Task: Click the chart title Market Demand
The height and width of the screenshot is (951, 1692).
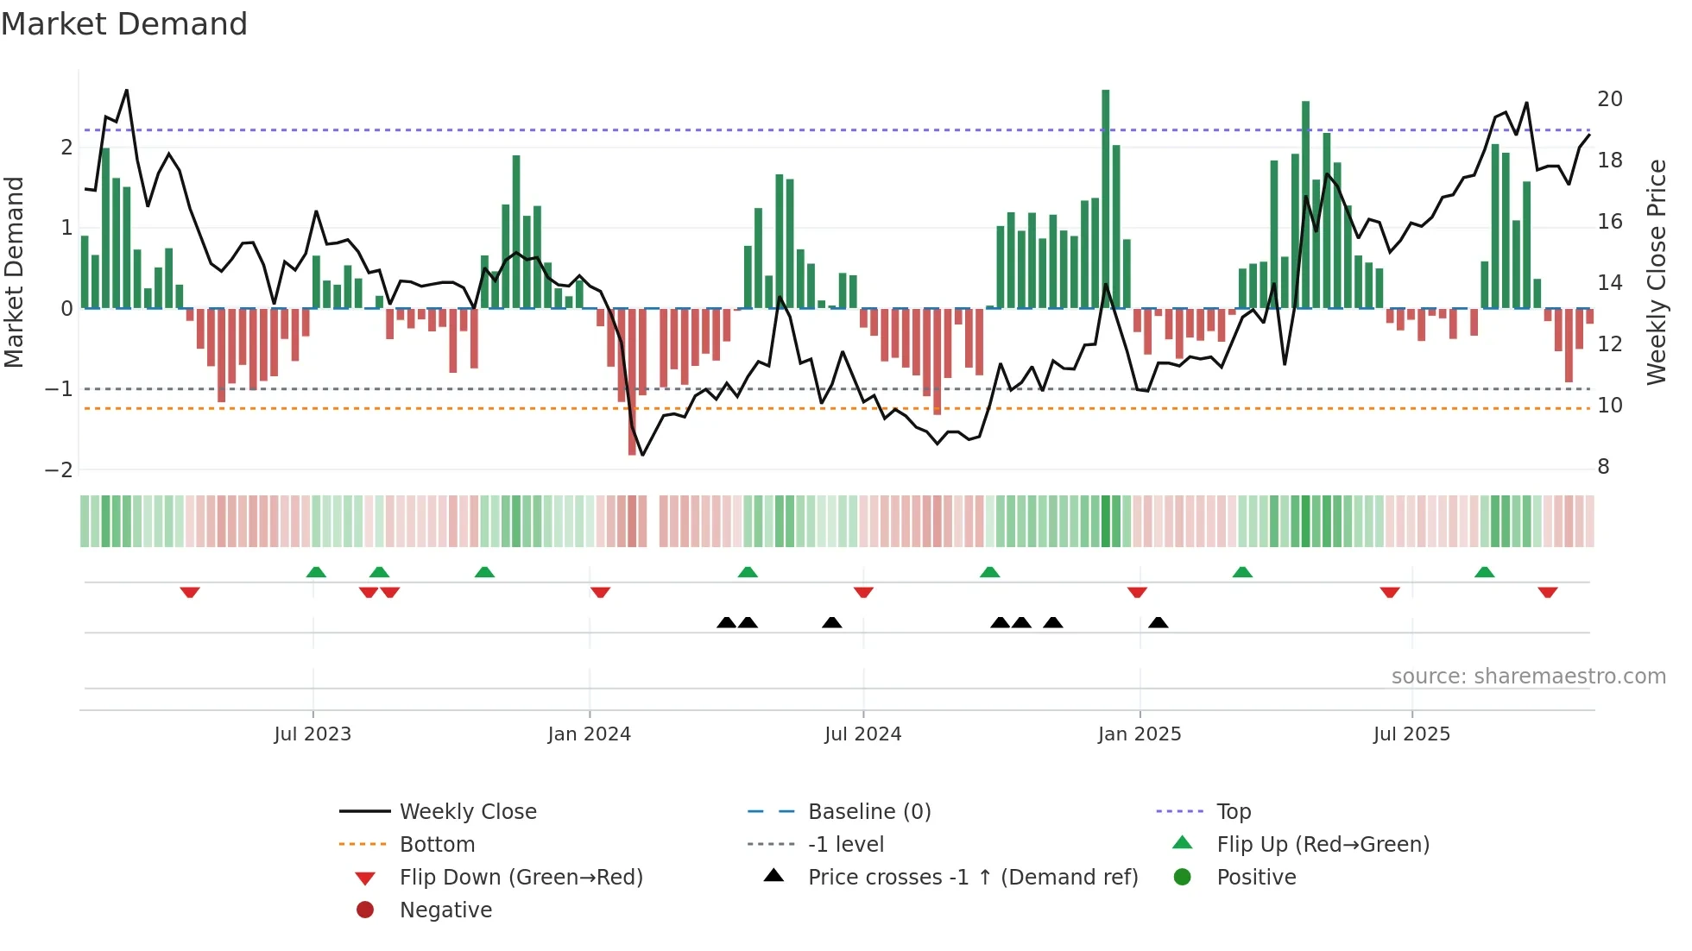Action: [124, 24]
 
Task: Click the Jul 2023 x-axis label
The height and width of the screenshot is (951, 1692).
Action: [313, 734]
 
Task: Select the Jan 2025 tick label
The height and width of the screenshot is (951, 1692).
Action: [1140, 734]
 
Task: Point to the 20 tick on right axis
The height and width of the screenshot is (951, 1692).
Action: [1609, 99]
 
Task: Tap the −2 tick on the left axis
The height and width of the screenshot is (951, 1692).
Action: [59, 470]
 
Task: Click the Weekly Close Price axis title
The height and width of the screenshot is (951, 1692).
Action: [1656, 272]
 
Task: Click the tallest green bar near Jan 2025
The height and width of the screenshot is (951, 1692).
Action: [1105, 198]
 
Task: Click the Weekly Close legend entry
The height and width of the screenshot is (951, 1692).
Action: [467, 812]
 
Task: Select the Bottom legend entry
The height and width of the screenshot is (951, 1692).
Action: [437, 845]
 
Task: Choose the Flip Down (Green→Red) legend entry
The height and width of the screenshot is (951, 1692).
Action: [521, 878]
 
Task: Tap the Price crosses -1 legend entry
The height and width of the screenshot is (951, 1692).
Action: [972, 878]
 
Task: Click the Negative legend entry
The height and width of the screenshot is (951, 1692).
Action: [445, 910]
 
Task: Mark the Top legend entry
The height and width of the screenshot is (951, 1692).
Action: [1233, 812]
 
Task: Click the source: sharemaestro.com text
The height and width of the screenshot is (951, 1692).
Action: [1528, 677]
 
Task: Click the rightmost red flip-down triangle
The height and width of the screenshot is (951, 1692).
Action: [1547, 592]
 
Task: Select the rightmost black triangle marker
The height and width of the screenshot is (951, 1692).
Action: [1159, 623]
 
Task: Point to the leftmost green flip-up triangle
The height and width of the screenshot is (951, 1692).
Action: [316, 572]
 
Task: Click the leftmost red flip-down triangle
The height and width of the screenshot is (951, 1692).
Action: [190, 592]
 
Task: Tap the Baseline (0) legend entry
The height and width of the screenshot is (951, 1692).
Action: [868, 812]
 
